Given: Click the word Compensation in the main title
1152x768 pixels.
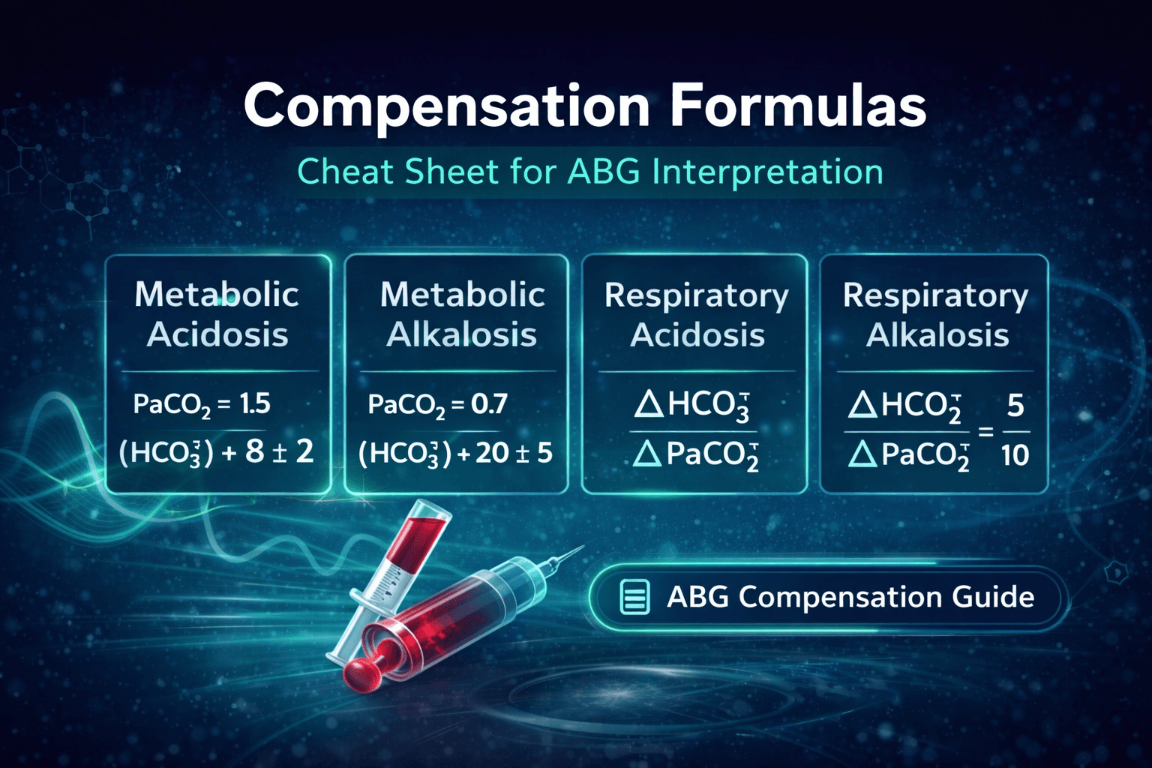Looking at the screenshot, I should tap(446, 106).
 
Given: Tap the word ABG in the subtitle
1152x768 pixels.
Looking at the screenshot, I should tap(604, 172).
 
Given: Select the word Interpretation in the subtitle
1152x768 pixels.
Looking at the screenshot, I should tap(767, 172).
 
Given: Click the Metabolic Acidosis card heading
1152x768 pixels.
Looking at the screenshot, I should tap(217, 314).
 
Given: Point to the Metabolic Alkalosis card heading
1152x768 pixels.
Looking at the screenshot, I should tap(462, 314).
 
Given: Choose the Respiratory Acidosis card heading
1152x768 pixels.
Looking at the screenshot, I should tap(697, 315).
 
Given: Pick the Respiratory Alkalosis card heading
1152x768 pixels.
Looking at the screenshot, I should tap(936, 315).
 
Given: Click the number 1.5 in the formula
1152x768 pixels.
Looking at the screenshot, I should tap(255, 404).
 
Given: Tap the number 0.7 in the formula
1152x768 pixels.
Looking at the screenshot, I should tap(489, 405).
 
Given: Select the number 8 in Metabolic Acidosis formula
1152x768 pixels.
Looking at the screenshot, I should tap(255, 451).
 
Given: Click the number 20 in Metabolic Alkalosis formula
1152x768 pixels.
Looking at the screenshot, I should tap(492, 452).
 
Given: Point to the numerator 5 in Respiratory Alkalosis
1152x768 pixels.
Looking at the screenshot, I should tap(1015, 406).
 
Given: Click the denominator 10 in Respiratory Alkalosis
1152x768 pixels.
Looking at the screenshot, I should tap(1015, 455).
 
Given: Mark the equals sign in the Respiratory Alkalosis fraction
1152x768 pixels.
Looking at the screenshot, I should tap(985, 432).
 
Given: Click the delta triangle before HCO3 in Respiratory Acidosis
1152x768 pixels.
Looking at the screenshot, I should tap(648, 405).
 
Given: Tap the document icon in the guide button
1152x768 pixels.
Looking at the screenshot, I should tap(634, 598).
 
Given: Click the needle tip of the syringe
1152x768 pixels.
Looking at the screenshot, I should tap(581, 548).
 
